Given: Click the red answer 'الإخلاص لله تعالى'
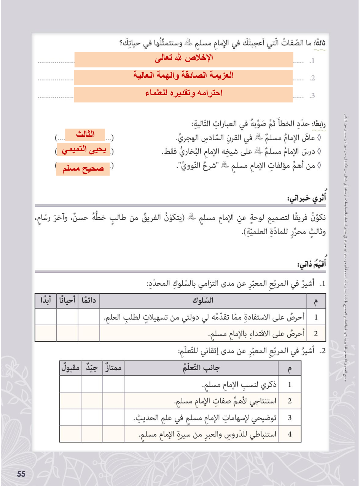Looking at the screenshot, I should pos(184,59).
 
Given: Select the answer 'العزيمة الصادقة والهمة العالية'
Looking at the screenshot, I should pos(184,76).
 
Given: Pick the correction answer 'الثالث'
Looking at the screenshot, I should pos(85,134).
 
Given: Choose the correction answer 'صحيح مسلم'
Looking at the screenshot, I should pos(83,168).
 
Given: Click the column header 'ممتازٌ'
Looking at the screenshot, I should pos(113,368).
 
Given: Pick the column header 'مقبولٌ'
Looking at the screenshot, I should pos(70,368).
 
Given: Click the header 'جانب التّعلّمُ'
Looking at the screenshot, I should pos(201,368).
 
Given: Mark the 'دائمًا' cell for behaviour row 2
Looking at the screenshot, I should pos(89,334).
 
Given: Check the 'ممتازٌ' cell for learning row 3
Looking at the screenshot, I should pos(113,417).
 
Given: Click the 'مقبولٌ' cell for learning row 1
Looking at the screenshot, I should pos(70,384).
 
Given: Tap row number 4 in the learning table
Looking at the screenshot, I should pos(290,434).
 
